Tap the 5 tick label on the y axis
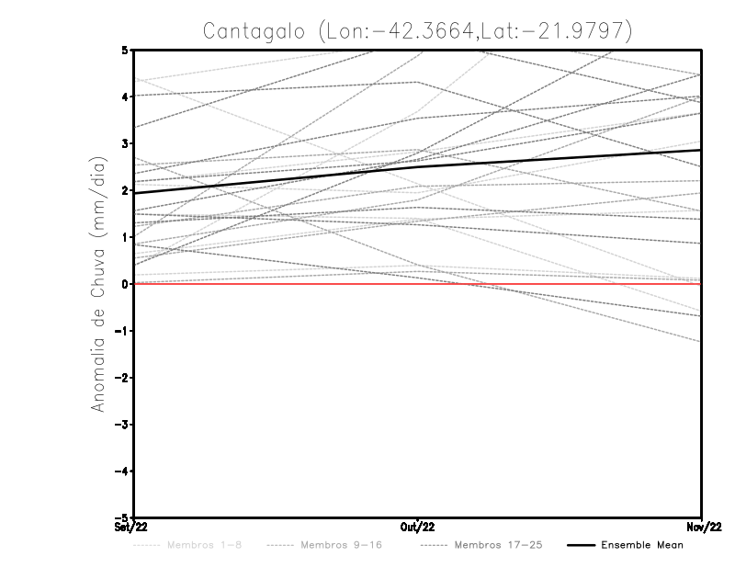tap(124, 50)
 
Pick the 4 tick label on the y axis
tap(124, 97)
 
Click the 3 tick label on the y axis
tap(124, 143)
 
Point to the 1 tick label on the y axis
tap(124, 237)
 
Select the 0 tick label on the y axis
tap(124, 284)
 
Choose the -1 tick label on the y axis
tap(121, 331)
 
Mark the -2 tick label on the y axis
tap(121, 378)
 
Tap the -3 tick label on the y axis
tap(121, 425)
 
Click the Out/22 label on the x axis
tap(418, 528)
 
